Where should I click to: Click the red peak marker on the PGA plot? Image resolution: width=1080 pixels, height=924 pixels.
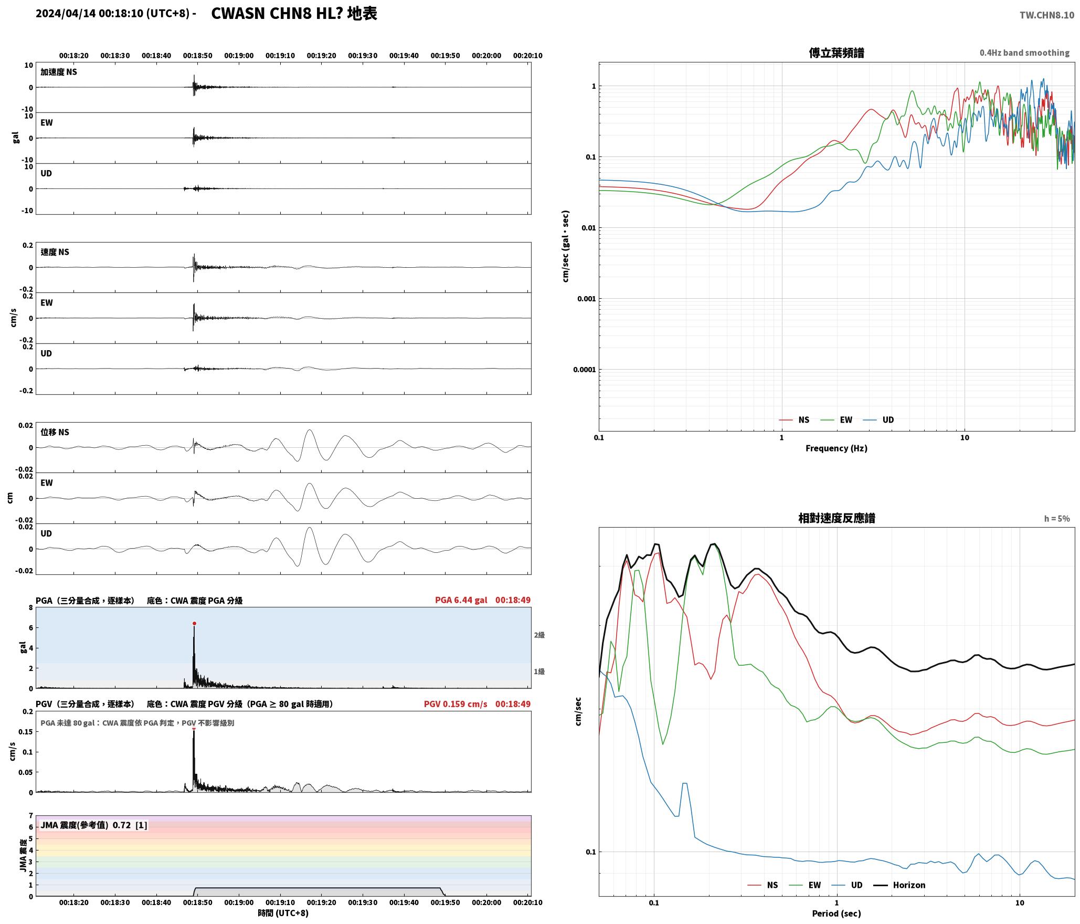(194, 623)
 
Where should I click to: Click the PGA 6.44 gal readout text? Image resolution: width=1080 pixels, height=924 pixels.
(461, 600)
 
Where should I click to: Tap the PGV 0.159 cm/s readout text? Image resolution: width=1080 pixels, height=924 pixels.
(456, 704)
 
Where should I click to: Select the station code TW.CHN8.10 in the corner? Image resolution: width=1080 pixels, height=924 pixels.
(1047, 15)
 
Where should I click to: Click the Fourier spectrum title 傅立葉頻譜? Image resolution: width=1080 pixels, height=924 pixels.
(837, 52)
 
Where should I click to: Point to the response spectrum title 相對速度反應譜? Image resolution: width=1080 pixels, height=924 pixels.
(837, 518)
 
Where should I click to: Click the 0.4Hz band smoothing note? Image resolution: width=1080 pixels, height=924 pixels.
(1024, 53)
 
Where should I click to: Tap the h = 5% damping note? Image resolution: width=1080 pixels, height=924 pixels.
(1057, 519)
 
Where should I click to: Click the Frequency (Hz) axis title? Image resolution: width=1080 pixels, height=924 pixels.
(837, 448)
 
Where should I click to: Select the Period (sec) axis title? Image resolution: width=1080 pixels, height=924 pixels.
(837, 913)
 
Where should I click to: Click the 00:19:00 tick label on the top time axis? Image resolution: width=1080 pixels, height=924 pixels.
(239, 56)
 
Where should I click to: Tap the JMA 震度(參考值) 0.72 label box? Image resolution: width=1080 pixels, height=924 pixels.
(94, 825)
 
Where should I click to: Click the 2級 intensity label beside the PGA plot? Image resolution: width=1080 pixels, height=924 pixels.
(539, 635)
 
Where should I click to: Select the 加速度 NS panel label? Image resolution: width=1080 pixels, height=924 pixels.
(59, 72)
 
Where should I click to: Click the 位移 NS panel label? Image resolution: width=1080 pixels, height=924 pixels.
(55, 432)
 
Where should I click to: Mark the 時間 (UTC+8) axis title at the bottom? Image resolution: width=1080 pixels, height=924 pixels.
(283, 913)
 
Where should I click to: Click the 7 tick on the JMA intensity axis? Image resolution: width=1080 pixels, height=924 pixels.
(31, 816)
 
